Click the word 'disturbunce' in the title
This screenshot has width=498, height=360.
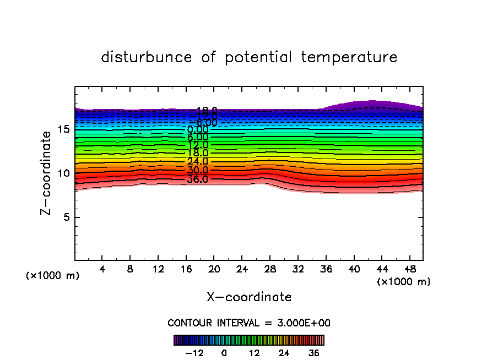click(147, 57)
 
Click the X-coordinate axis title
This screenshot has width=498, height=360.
click(250, 297)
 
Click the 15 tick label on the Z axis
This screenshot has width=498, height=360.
click(63, 129)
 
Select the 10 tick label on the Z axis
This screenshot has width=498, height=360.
click(63, 173)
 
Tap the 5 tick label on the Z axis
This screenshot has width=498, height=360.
click(66, 217)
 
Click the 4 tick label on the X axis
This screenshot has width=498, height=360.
click(102, 270)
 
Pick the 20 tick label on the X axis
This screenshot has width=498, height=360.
click(214, 270)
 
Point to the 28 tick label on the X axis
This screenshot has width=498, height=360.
click(269, 270)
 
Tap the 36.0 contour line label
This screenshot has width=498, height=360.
click(197, 179)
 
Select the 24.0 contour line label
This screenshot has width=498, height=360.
click(197, 162)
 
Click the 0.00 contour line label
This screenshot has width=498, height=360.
click(198, 130)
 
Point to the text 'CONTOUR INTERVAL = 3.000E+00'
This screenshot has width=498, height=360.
click(249, 323)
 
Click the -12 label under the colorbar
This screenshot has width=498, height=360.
click(194, 353)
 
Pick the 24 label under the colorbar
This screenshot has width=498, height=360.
click(284, 353)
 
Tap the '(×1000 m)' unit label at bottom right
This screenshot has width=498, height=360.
click(404, 282)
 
